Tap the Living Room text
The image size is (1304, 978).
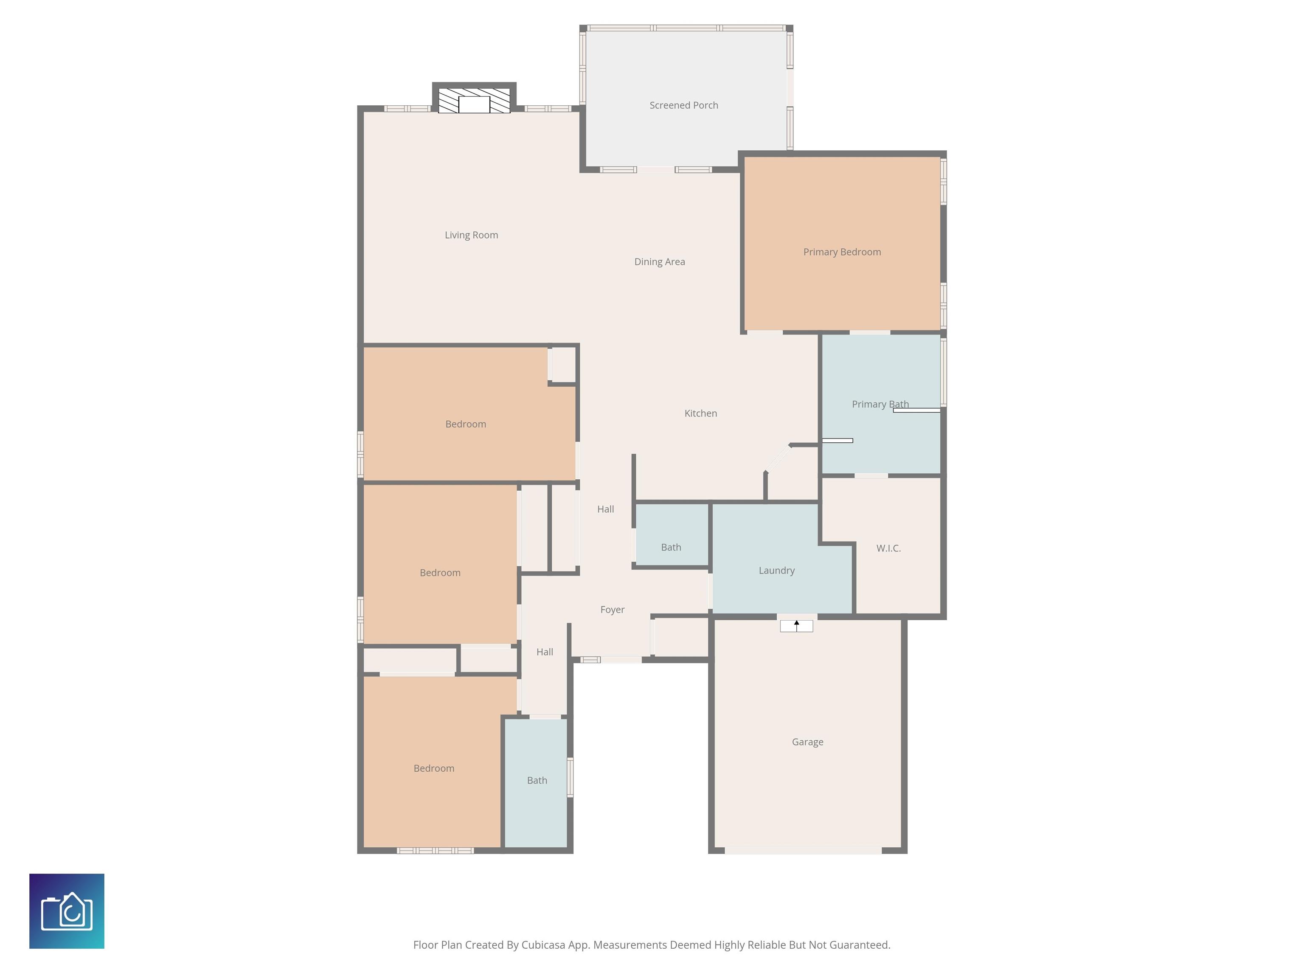(x=471, y=235)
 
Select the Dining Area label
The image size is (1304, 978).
(x=660, y=262)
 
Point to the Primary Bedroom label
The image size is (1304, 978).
(x=842, y=252)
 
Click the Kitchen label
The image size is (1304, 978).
(x=700, y=413)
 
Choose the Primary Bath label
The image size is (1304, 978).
(x=880, y=405)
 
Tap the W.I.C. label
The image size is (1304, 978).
(x=888, y=548)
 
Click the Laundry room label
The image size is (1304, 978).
(x=776, y=570)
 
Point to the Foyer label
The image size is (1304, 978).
(x=612, y=610)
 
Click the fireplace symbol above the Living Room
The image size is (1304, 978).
(x=474, y=101)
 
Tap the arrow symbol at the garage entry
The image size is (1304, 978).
(x=796, y=626)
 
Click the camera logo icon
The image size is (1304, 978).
(x=67, y=911)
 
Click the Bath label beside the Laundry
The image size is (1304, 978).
(x=671, y=548)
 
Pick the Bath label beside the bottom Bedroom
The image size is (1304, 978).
(x=537, y=781)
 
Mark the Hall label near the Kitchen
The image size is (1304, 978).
(x=605, y=509)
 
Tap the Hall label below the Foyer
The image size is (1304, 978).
(x=544, y=652)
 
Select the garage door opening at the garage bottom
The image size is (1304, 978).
(x=803, y=851)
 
